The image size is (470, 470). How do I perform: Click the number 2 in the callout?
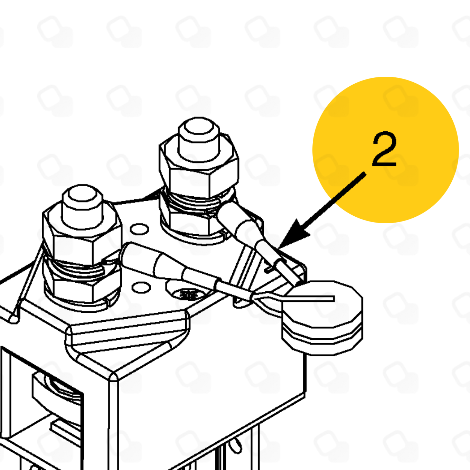tap(384, 149)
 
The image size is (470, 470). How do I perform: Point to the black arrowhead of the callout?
tap(293, 235)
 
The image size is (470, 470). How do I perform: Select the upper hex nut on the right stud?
tap(199, 166)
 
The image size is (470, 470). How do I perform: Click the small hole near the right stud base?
tap(139, 229)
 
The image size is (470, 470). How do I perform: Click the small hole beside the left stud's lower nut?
tap(141, 287)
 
